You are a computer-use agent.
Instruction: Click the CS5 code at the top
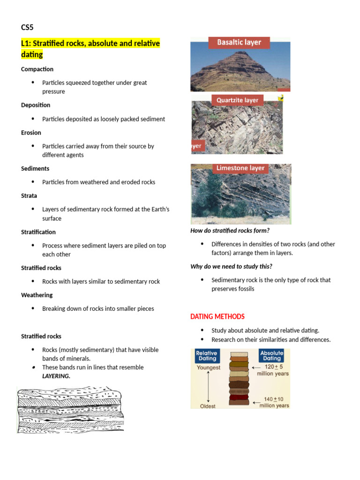(x=27, y=27)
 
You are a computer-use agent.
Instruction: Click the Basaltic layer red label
(x=239, y=42)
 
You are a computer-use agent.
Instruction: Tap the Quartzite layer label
(x=237, y=100)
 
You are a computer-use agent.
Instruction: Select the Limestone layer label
(x=240, y=168)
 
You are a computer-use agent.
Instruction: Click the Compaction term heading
(x=37, y=69)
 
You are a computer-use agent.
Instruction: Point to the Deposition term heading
(x=36, y=105)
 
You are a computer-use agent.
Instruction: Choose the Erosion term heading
(x=31, y=133)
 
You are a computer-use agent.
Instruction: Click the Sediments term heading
(x=35, y=168)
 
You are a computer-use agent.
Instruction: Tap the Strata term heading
(x=29, y=195)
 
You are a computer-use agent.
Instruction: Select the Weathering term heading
(x=37, y=295)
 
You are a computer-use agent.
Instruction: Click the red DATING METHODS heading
(x=217, y=317)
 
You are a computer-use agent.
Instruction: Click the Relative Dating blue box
(x=206, y=356)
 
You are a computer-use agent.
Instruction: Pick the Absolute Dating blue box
(x=272, y=356)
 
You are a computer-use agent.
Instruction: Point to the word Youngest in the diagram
(x=209, y=367)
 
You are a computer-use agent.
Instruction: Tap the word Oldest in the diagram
(x=208, y=406)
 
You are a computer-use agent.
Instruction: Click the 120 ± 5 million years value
(x=273, y=370)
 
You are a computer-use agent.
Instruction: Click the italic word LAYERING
(x=56, y=376)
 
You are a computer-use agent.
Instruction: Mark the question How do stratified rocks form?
(x=230, y=231)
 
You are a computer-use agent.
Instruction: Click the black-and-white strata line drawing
(x=70, y=410)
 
